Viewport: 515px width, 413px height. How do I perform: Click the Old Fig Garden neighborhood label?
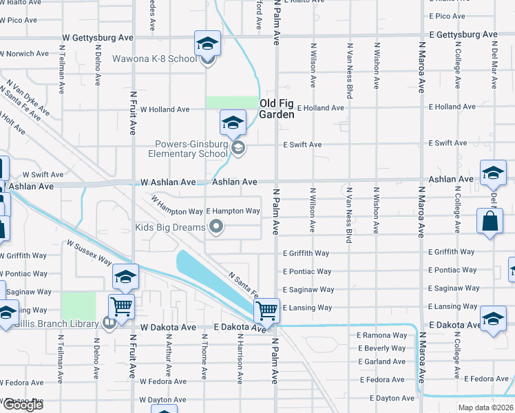[x=277, y=109]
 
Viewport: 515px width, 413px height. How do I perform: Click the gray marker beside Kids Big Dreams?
[x=217, y=226]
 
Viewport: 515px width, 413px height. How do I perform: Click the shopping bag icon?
[x=490, y=222]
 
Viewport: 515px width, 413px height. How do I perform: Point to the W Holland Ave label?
[x=165, y=109]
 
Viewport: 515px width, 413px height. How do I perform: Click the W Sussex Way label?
[x=89, y=253]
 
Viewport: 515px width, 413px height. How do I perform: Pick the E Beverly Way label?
[x=381, y=348]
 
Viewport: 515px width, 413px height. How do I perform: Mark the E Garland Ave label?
[x=381, y=361]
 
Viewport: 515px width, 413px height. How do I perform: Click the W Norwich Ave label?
[x=24, y=53]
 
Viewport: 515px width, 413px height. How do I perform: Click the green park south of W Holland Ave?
[x=231, y=103]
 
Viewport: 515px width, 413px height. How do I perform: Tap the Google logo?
[x=23, y=405]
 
